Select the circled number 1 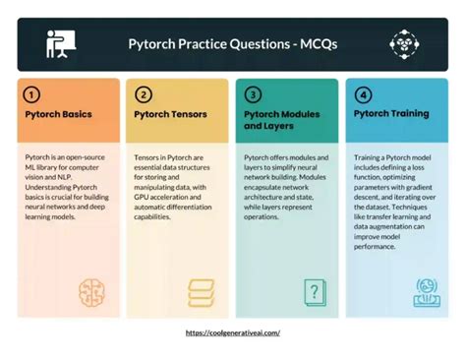(32, 95)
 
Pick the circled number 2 (144, 95)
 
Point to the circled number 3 (253, 95)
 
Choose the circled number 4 (363, 95)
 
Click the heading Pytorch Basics (59, 114)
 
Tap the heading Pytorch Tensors (170, 114)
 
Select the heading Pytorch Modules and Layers (281, 120)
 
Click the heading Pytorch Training (391, 114)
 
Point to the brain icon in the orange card (92, 290)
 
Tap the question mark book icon (313, 290)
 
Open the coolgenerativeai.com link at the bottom (233, 333)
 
